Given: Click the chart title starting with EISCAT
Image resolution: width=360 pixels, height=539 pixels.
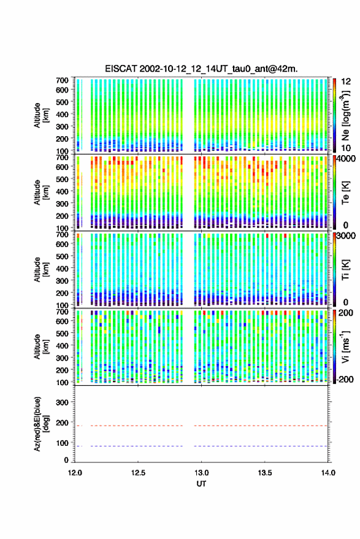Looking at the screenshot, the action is pyautogui.click(x=202, y=69).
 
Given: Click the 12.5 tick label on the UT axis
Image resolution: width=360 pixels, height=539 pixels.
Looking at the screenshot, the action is pyautogui.click(x=138, y=473).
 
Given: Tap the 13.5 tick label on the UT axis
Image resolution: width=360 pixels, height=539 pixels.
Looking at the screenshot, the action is pyautogui.click(x=264, y=473).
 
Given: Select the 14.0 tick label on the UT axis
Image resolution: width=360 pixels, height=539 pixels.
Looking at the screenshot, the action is pyautogui.click(x=327, y=473).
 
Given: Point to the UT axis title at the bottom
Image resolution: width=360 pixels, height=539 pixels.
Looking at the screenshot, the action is pyautogui.click(x=202, y=484).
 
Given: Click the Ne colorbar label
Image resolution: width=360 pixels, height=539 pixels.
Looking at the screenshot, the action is pyautogui.click(x=346, y=115).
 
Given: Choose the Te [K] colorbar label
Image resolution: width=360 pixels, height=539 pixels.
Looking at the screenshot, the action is pyautogui.click(x=345, y=193).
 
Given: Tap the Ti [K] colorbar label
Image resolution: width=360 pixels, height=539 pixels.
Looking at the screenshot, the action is pyautogui.click(x=345, y=270).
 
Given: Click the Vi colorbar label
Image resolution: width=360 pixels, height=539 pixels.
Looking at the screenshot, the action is pyautogui.click(x=345, y=346).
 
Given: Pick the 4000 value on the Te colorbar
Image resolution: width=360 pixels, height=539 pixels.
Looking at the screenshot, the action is pyautogui.click(x=347, y=159).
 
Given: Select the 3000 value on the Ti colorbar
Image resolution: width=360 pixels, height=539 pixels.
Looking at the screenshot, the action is pyautogui.click(x=347, y=236).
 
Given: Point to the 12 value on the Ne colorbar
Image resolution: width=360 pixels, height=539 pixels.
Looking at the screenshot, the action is pyautogui.click(x=347, y=82).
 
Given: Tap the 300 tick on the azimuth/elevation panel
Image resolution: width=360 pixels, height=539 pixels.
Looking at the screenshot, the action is pyautogui.click(x=62, y=402).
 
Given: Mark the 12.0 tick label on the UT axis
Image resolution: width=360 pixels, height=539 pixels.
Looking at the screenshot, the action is pyautogui.click(x=75, y=473).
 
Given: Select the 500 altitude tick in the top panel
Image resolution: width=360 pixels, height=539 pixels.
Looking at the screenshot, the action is pyautogui.click(x=62, y=102).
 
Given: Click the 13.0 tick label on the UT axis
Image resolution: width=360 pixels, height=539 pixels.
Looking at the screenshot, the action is pyautogui.click(x=202, y=473).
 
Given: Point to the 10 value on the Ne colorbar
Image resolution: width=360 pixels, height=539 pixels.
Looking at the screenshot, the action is pyautogui.click(x=347, y=148).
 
